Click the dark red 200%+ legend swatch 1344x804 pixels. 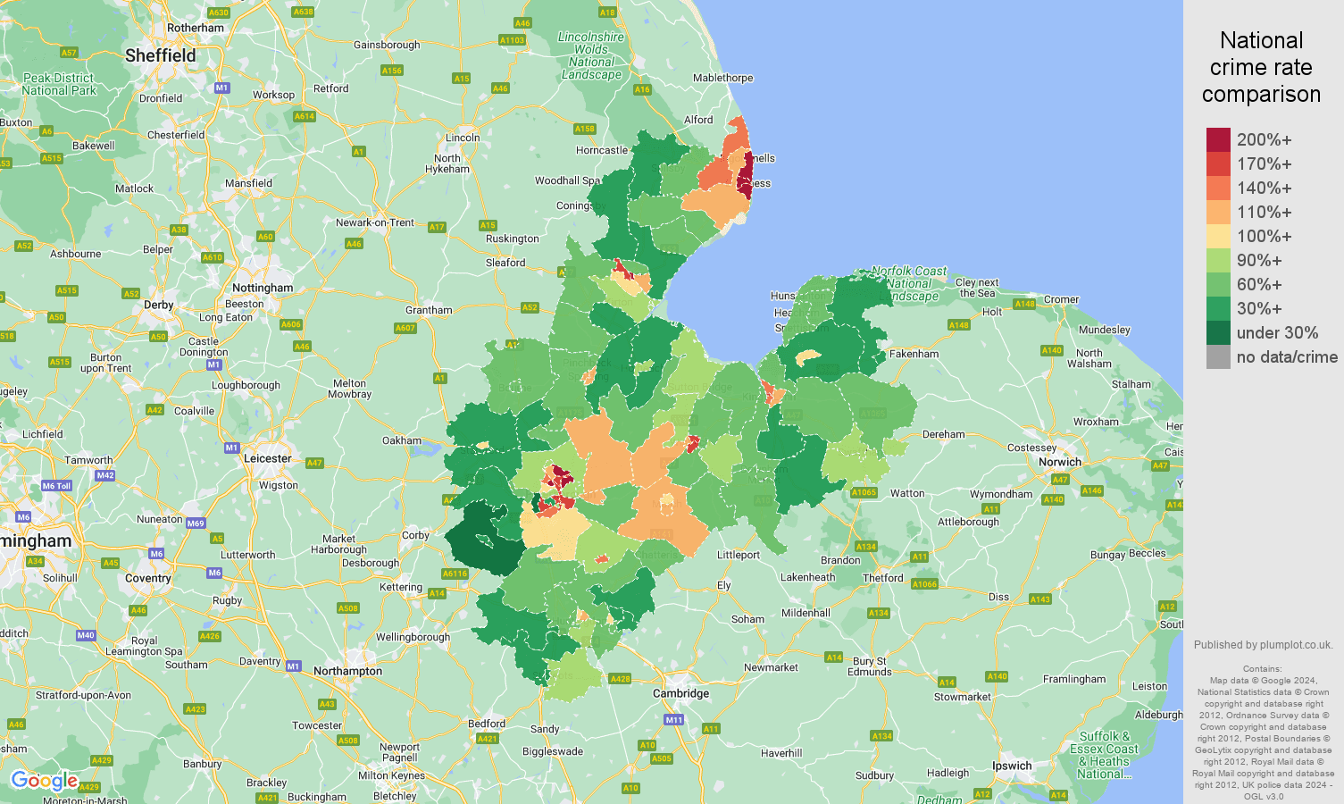[1218, 139]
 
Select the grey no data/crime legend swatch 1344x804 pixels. [1218, 357]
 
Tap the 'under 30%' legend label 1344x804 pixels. [1277, 333]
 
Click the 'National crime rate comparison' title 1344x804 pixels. [1261, 67]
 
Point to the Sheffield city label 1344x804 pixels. [160, 55]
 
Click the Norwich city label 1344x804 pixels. [1059, 462]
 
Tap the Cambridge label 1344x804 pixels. [680, 693]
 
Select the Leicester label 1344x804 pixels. [268, 458]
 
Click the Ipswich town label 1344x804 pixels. [1012, 766]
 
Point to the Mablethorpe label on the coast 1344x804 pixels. [722, 78]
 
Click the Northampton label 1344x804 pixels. [347, 671]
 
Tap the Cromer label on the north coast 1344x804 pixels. [1061, 299]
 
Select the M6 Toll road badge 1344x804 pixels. [56, 486]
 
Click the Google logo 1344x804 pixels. [44, 781]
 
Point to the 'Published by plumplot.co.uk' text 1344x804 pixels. [1263, 645]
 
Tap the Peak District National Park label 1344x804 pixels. [59, 84]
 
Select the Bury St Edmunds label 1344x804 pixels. [869, 666]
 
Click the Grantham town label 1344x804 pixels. [429, 310]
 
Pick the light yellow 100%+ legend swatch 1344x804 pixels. [1218, 236]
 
